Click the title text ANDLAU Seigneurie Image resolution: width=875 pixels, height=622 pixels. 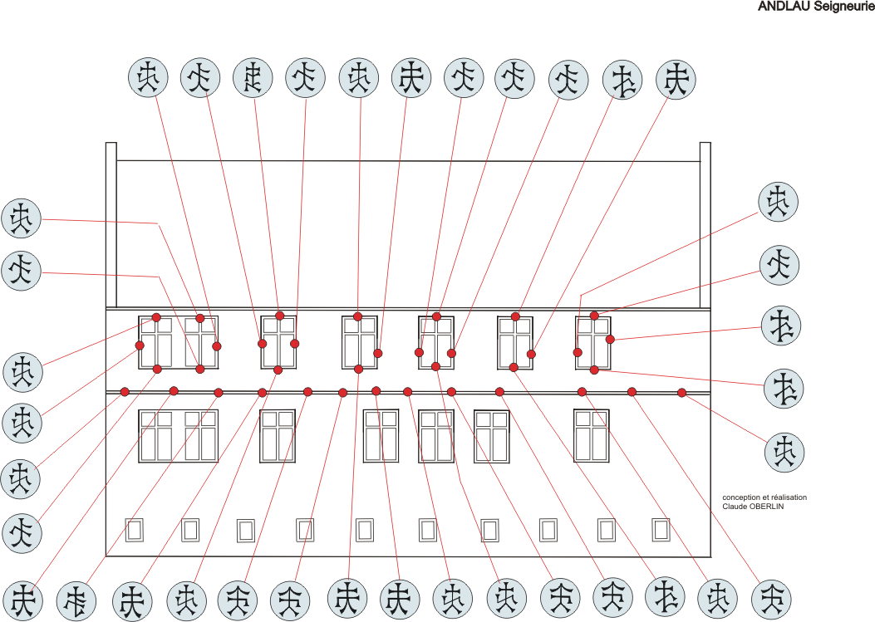coord(815,6)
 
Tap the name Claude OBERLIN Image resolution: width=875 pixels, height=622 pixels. coord(752,506)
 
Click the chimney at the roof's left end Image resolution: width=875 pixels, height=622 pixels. coord(111,224)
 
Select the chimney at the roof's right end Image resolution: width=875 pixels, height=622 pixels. coord(705,224)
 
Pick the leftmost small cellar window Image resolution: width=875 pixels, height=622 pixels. coord(134,530)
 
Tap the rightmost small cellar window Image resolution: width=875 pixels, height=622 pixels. coord(661,529)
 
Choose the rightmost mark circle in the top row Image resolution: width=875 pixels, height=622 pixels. coord(676,81)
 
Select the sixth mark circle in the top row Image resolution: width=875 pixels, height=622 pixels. coord(411,79)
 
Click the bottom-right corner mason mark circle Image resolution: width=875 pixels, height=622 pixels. coord(771,599)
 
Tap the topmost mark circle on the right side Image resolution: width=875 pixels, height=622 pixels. coord(778,202)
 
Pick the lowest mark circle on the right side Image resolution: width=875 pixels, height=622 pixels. coord(784,451)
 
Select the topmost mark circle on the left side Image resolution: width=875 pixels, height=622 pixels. coord(22,219)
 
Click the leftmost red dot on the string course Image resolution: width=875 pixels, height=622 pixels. coord(125,392)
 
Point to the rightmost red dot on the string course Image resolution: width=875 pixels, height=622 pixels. coord(682,393)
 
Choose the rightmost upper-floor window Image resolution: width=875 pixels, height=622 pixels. coord(593,342)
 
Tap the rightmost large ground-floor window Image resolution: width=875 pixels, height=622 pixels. coord(592,435)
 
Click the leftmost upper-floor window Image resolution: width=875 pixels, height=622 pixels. coord(155,341)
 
